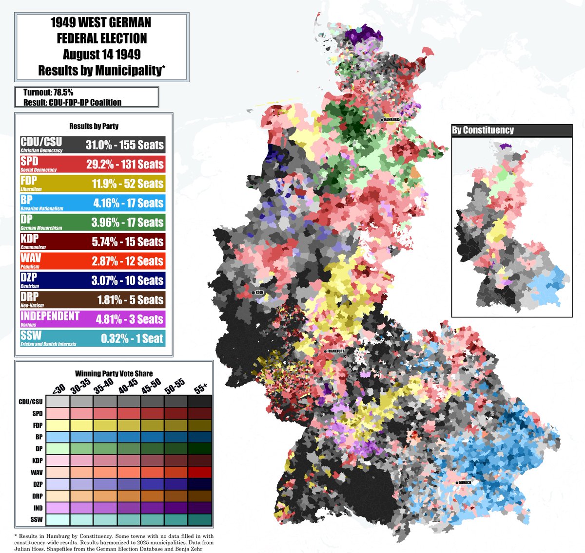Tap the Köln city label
tap(259, 293)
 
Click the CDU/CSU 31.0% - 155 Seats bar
tap(93, 145)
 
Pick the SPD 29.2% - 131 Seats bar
tap(93, 164)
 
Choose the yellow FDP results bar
tap(93, 184)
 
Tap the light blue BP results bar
tap(93, 203)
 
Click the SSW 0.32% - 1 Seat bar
tap(93, 338)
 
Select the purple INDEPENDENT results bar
tap(93, 319)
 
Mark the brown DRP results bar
tap(93, 299)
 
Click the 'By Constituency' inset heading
tap(483, 130)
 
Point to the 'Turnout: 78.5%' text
tap(48, 92)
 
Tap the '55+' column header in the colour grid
tap(200, 387)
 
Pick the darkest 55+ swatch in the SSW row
tap(200, 520)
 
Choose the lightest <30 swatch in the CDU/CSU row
tap(58, 402)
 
